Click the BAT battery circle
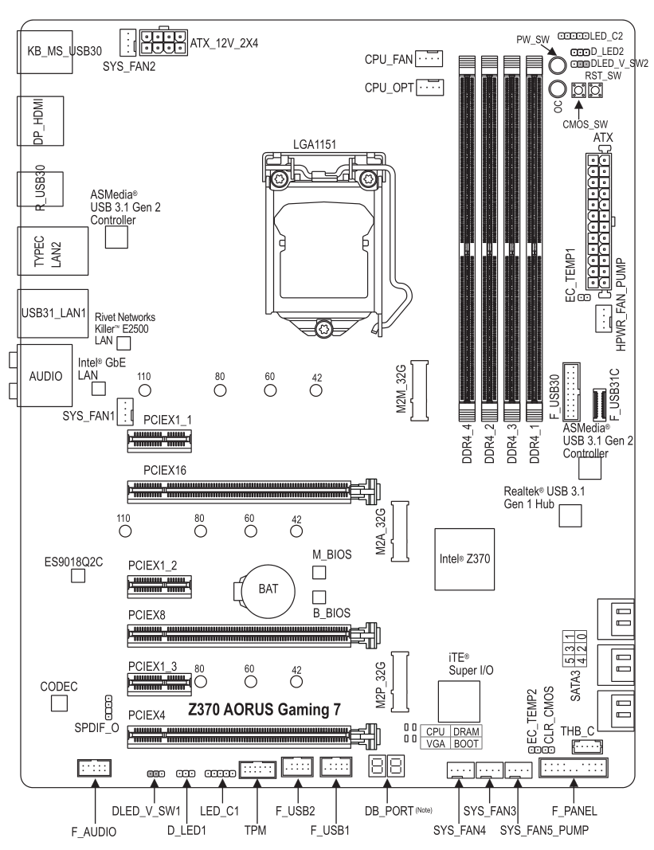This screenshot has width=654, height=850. tap(268, 590)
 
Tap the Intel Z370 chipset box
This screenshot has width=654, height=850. tap(464, 559)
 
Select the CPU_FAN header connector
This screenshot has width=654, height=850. tap(429, 58)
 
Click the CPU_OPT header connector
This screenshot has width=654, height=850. tap(429, 87)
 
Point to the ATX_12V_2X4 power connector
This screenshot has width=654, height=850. tap(163, 42)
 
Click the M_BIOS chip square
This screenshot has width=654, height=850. tap(319, 573)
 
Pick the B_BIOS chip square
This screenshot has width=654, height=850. tap(319, 597)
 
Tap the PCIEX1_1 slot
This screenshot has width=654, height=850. tap(159, 441)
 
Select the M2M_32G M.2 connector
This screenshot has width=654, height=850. tap(419, 390)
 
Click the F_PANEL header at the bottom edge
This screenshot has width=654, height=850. tap(574, 768)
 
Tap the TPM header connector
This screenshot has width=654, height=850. tap(257, 768)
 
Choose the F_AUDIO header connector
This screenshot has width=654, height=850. tap(94, 768)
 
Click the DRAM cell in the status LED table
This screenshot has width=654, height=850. tap(466, 731)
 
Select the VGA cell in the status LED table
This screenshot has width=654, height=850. tap(436, 744)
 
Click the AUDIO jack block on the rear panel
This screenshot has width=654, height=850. tap(45, 375)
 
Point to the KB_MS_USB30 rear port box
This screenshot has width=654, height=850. tap(45, 51)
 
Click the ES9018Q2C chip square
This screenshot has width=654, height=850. tap(79, 576)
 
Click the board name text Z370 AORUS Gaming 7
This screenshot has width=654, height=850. tap(264, 709)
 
